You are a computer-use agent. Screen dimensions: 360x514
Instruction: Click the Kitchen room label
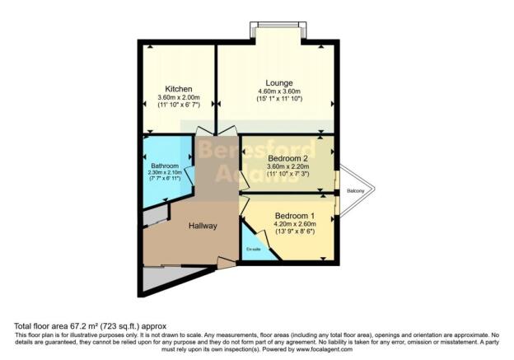178,89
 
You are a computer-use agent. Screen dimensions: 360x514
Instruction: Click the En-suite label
253,248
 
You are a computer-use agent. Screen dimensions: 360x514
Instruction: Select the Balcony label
355,191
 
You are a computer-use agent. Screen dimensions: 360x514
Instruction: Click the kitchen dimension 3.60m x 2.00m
178,98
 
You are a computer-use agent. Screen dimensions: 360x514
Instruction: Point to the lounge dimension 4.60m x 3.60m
275,91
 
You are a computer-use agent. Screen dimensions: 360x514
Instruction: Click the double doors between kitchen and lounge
216,133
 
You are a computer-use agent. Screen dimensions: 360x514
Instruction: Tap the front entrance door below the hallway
224,263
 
